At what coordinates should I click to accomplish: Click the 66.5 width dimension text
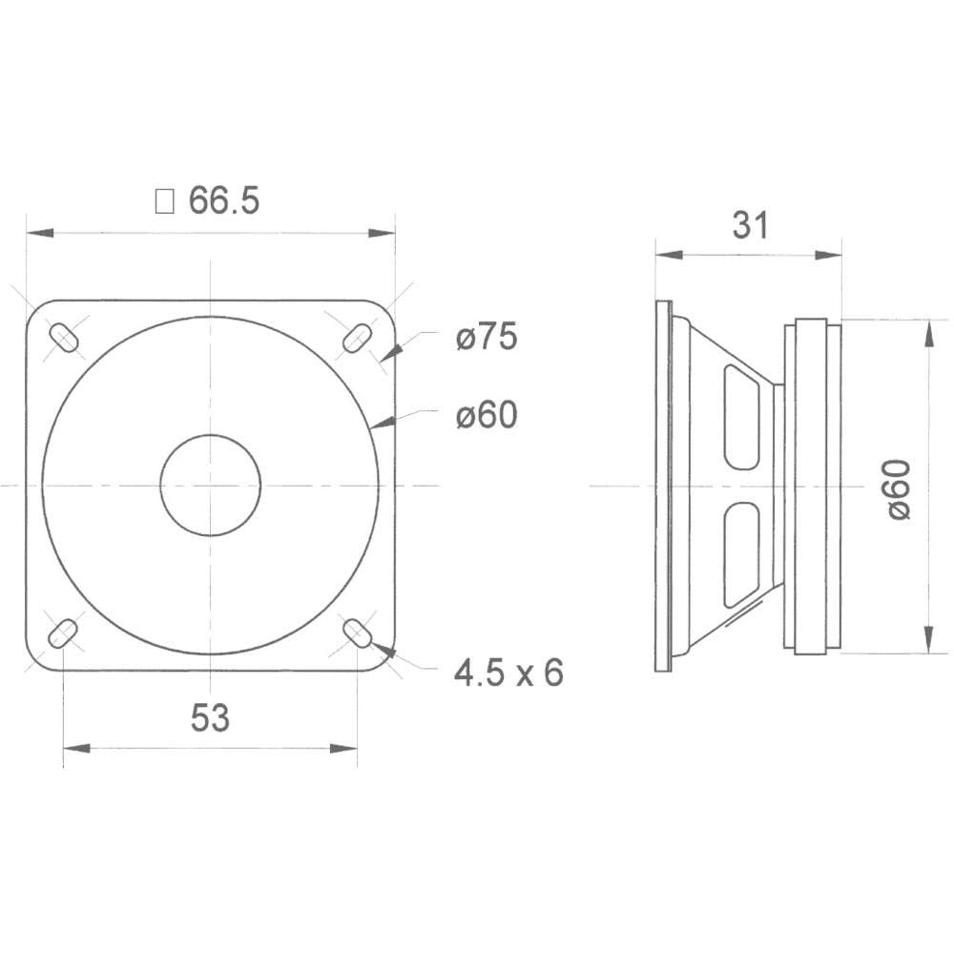(x=224, y=201)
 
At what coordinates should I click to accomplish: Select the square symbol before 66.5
(x=165, y=201)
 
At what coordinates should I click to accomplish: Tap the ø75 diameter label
(x=486, y=338)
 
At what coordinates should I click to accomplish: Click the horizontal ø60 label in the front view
(x=486, y=415)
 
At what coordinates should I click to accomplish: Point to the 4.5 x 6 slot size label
(x=508, y=674)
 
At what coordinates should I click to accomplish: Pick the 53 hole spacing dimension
(x=210, y=718)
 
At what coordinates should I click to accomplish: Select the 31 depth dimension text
(x=750, y=225)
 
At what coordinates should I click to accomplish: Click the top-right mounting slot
(x=357, y=338)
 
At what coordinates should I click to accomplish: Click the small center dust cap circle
(x=210, y=485)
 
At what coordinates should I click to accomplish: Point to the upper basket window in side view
(x=741, y=417)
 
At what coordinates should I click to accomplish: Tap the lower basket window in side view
(x=741, y=555)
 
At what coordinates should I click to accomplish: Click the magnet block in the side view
(x=813, y=487)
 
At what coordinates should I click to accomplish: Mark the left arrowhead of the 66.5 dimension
(x=36, y=233)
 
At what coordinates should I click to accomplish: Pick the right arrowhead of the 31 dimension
(x=832, y=255)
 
